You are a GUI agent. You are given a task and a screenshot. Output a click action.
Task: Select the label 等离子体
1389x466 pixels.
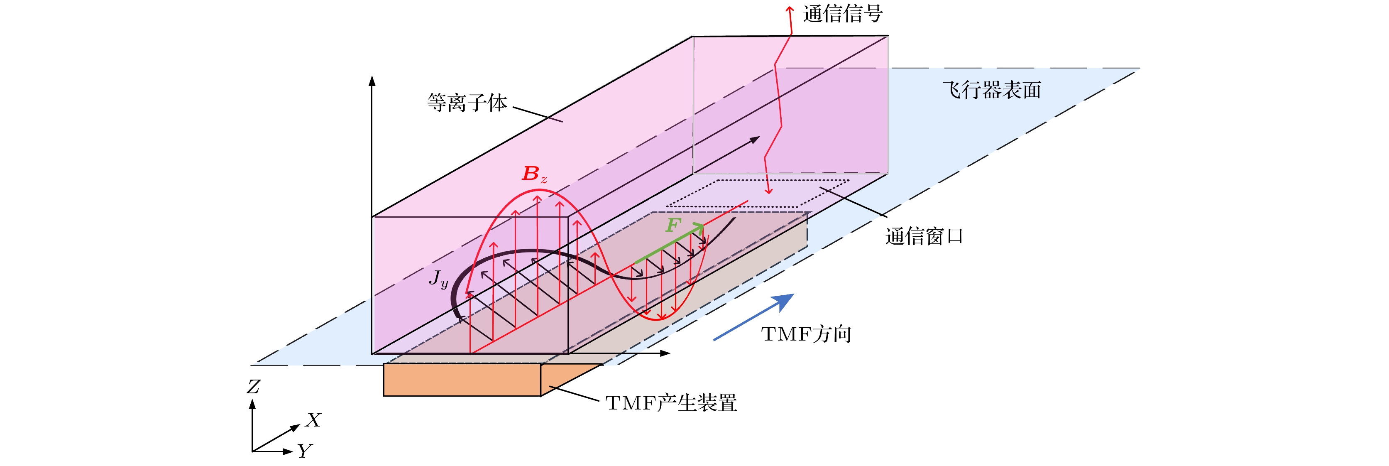467,103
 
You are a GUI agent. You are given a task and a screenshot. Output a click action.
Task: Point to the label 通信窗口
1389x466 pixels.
924,236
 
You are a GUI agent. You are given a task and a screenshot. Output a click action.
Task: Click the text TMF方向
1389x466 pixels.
806,334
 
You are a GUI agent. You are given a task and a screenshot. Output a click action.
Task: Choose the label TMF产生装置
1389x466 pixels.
671,403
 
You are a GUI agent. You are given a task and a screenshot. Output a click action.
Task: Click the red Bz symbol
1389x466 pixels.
534,174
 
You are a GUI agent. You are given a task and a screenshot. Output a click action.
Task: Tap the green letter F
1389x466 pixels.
673,225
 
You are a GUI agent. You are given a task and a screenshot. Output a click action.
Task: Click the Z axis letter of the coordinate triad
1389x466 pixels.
253,387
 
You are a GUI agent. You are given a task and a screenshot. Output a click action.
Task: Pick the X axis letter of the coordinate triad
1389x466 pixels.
313,420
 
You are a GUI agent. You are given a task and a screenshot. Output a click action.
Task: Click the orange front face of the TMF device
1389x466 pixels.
462,380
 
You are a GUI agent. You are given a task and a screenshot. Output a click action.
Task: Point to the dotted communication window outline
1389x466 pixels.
758,193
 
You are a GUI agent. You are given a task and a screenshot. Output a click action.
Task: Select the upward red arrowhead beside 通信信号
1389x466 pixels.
790,9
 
